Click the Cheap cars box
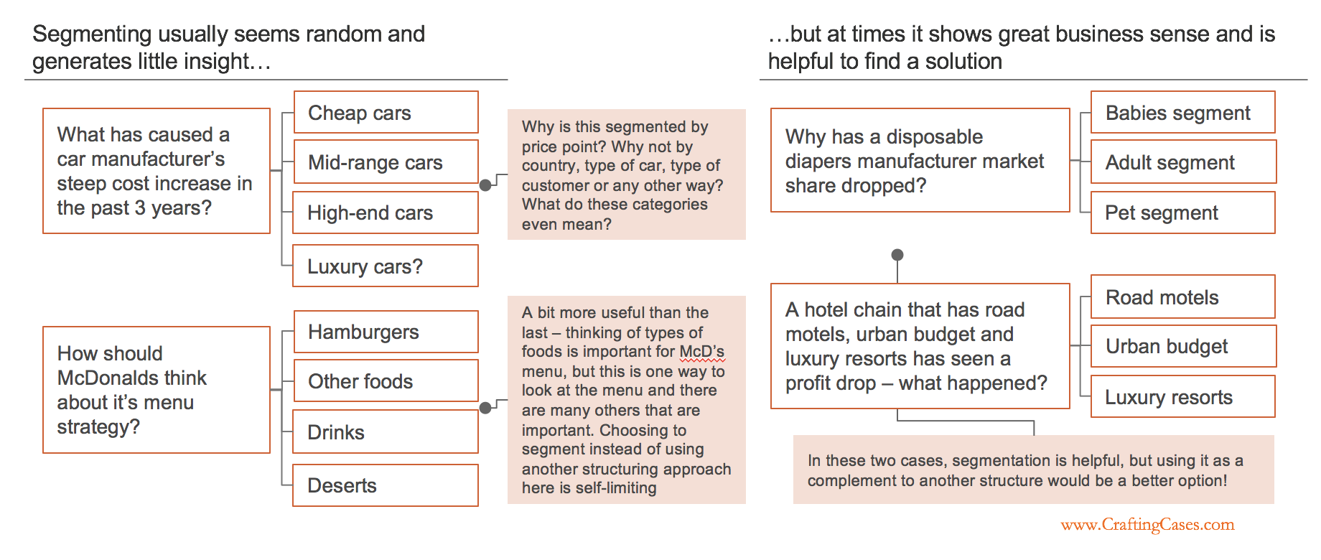[386, 112]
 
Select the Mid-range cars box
[386, 162]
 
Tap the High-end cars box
[386, 213]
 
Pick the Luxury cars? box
[386, 266]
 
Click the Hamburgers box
[386, 332]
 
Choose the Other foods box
[386, 381]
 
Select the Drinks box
[386, 431]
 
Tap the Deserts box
[386, 485]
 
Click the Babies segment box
[1183, 112]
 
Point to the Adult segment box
[1183, 162]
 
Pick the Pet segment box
[1183, 213]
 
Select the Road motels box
[1183, 297]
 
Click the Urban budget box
[1183, 346]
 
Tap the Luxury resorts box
[1183, 396]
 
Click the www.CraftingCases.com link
[1147, 525]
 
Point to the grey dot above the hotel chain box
[897, 255]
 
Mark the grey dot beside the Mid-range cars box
[485, 185]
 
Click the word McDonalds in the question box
[132, 378]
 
